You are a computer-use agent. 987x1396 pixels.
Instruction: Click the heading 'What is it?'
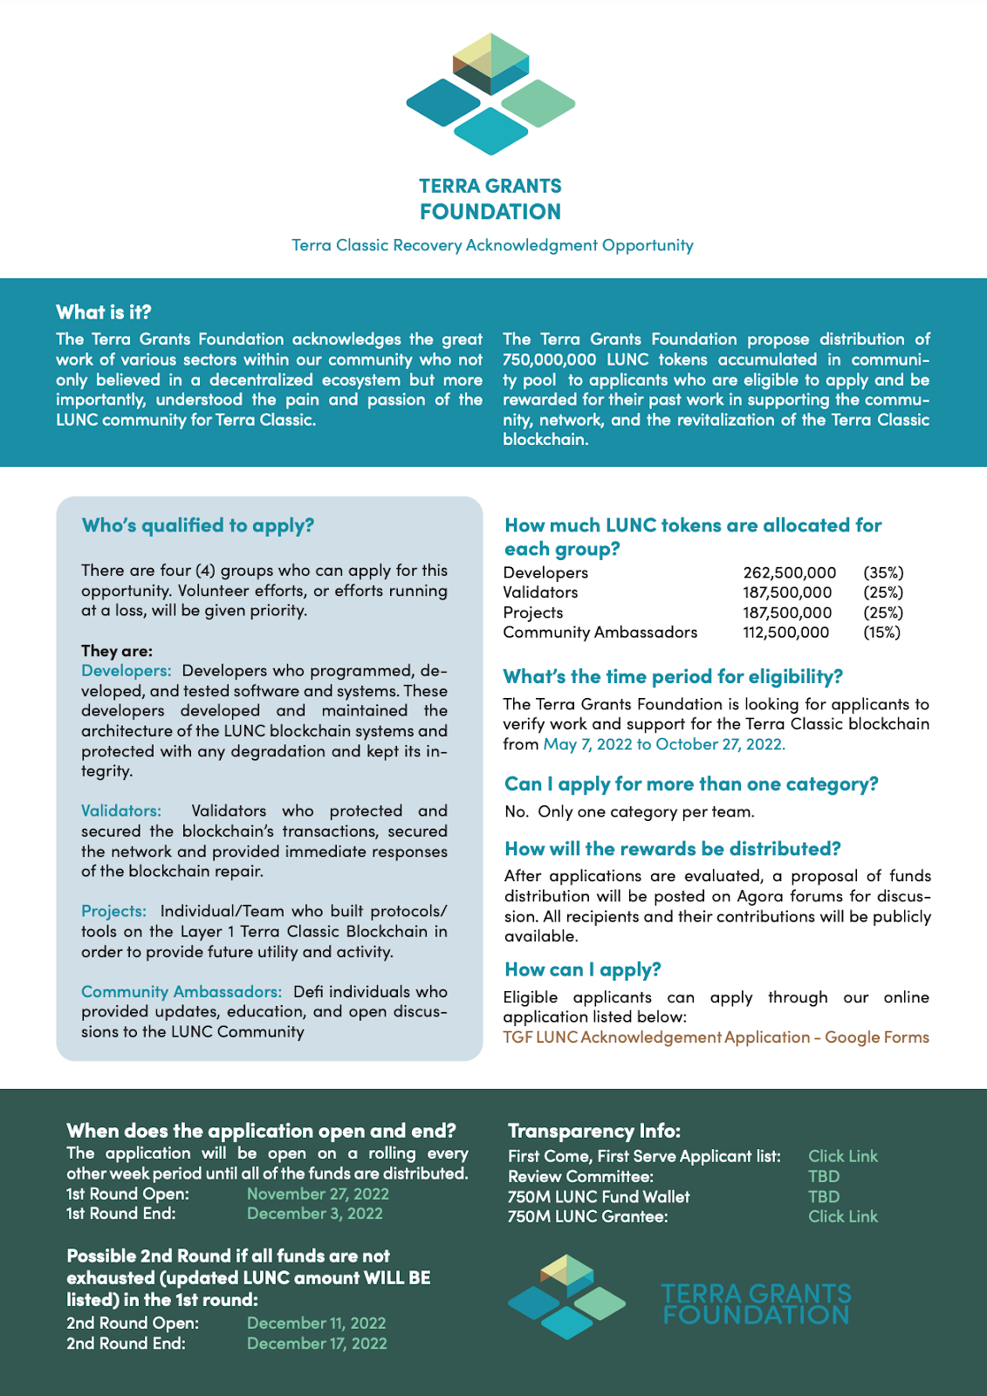104,312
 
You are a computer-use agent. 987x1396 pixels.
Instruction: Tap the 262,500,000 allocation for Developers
789,572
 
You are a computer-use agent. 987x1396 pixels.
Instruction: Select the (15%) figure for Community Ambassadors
881,633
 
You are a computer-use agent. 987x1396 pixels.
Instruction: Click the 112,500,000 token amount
785,633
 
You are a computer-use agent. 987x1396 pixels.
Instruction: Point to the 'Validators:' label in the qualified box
121,811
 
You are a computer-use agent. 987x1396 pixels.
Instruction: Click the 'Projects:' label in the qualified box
113,912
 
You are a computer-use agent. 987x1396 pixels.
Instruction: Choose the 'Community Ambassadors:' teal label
182,992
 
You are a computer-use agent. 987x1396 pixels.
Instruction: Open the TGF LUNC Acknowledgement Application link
716,1037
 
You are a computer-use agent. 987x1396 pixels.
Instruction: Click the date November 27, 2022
318,1194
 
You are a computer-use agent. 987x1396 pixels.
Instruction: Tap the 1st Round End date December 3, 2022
314,1214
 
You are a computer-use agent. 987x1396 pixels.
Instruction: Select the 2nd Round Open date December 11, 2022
316,1324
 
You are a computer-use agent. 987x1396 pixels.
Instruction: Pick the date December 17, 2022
316,1344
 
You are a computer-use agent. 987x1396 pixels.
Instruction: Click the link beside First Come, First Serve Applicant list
842,1156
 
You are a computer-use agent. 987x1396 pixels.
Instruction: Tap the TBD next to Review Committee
823,1176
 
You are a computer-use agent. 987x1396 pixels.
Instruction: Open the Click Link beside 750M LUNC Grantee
842,1216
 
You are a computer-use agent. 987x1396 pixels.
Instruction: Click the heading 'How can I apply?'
582,969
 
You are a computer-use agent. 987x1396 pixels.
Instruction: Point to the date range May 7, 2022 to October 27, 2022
664,744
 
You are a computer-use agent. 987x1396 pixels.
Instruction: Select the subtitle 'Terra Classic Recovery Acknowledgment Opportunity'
492,245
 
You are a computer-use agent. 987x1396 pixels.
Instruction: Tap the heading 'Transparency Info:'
593,1131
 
